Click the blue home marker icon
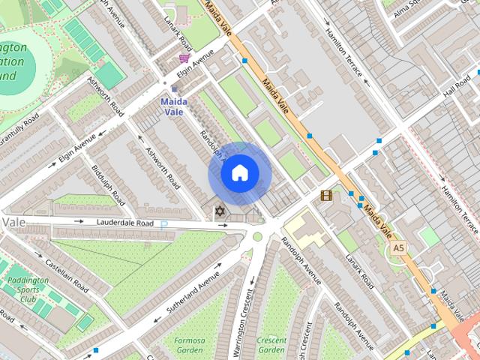tap(239, 173)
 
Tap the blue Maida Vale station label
tap(173, 106)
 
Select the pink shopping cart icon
tap(184, 58)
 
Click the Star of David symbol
tap(220, 211)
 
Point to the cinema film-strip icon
tap(325, 196)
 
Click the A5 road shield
tap(397, 247)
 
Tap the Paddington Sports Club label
tap(28, 289)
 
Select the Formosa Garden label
tap(190, 345)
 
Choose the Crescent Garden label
tap(271, 345)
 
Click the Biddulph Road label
tap(109, 183)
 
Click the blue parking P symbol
tap(164, 223)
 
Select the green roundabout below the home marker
tap(257, 237)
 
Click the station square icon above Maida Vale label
tap(175, 88)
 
